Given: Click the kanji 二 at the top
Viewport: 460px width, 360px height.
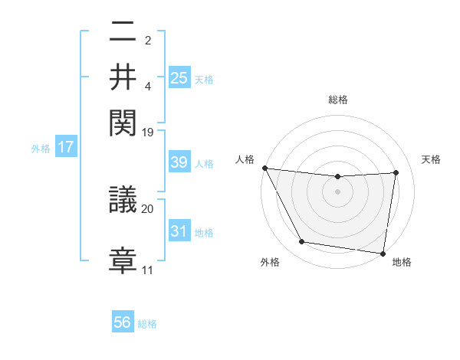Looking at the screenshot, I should [123, 32].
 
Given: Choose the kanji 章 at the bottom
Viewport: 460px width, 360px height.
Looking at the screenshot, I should [123, 257].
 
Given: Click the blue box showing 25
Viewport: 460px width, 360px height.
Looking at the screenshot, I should [179, 77].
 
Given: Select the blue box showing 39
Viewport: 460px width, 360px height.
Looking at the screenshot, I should [179, 162].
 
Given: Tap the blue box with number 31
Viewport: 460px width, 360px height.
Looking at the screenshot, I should [179, 231].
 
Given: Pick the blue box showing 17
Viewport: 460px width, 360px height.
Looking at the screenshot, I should [65, 147].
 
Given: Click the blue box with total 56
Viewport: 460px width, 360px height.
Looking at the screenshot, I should [123, 322].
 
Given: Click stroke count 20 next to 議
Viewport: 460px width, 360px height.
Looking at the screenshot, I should [148, 208].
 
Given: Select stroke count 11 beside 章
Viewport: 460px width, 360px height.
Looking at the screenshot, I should [148, 270].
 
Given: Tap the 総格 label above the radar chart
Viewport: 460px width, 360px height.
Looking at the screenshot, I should [338, 100].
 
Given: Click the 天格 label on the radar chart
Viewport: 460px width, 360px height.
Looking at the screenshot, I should [432, 159].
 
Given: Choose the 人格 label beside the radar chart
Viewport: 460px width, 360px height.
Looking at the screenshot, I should [245, 159].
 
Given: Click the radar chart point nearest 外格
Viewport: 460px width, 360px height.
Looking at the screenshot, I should [301, 243].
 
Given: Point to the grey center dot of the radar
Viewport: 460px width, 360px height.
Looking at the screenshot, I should [338, 192].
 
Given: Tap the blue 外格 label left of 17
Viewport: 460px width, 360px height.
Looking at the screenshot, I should [41, 148].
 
